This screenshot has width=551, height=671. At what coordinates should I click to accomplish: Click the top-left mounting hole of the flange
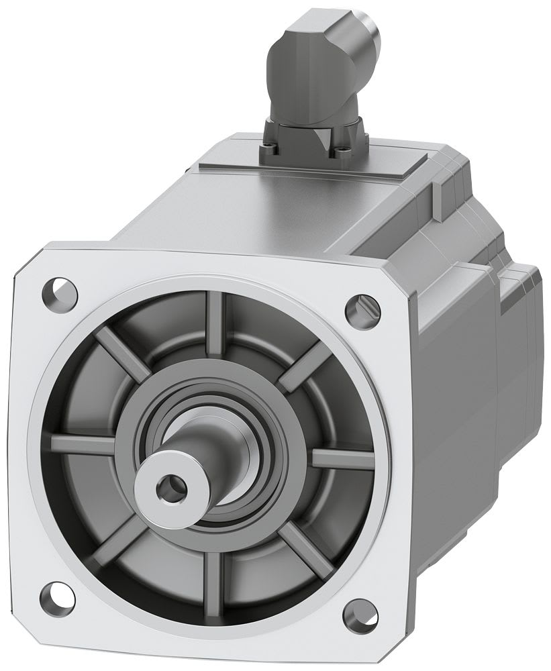tap(59, 292)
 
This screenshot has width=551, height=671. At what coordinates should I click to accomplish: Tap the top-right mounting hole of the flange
tap(363, 309)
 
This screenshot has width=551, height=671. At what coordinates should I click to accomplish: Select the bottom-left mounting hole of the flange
tap(57, 594)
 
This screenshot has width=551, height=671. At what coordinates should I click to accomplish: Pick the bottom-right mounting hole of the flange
tap(360, 613)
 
